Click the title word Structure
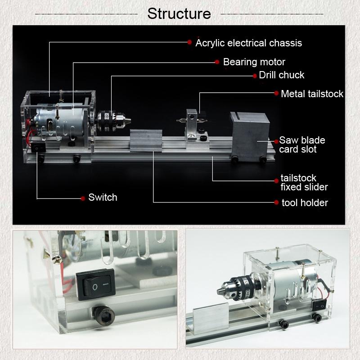[179, 13]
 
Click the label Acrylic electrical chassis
[248, 43]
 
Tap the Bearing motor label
[254, 62]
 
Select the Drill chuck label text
[282, 75]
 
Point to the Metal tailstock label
[312, 94]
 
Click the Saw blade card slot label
[301, 144]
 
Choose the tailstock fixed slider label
[304, 182]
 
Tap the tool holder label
[305, 203]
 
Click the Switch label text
[103, 198]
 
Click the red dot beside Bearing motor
[217, 62]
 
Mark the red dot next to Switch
[83, 198]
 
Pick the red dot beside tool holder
[276, 203]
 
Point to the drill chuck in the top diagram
[113, 119]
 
